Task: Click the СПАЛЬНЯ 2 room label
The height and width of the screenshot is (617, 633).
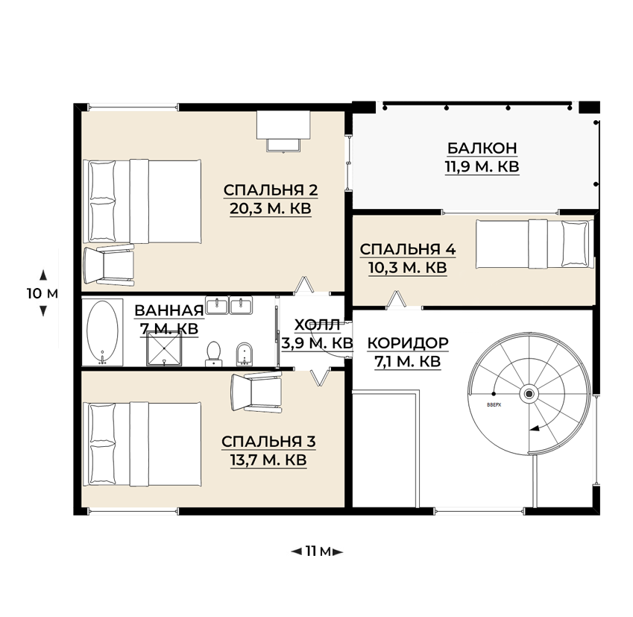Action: [x=271, y=190]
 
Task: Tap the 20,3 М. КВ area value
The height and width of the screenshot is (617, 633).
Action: [x=271, y=208]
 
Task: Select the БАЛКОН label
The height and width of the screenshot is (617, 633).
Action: [x=482, y=148]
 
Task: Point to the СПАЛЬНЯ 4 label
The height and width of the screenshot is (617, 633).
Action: [x=408, y=249]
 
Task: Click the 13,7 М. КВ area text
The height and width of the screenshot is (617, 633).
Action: [x=268, y=460]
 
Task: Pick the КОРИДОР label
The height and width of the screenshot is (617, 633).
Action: [x=408, y=343]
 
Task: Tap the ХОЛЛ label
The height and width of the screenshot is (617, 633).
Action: [x=318, y=325]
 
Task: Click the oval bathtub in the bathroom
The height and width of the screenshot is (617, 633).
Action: [x=103, y=331]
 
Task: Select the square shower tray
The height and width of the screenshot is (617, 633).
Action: [x=164, y=348]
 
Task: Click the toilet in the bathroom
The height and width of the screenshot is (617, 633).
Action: [x=213, y=354]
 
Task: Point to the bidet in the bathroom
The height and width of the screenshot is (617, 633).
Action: [x=244, y=354]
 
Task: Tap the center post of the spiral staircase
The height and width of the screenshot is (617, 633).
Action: [x=529, y=394]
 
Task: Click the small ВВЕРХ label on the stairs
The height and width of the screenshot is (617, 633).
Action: [x=494, y=404]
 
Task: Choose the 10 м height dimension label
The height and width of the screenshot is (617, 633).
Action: [x=42, y=293]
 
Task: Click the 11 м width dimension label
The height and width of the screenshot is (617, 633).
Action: [x=318, y=551]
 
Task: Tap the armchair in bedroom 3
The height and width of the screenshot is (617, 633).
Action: [x=256, y=392]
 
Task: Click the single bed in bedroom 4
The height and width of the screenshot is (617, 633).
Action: [x=535, y=244]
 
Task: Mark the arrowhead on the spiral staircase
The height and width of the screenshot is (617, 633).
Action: [x=535, y=428]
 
